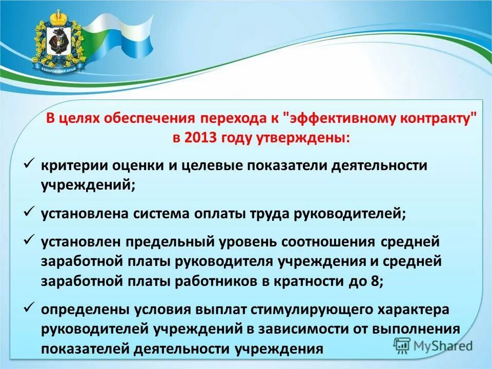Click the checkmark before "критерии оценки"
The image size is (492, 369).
[x=29, y=165]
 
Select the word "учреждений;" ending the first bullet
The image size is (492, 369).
[x=88, y=185]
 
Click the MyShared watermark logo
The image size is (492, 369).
[x=433, y=345]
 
